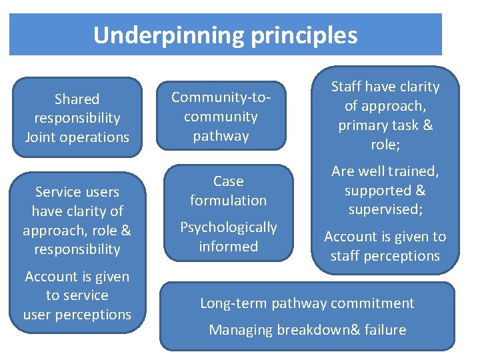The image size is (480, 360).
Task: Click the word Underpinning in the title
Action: (x=169, y=35)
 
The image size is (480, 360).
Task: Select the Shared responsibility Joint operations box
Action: (x=77, y=117)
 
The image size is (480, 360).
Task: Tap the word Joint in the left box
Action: (x=40, y=137)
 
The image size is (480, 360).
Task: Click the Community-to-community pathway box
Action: (x=221, y=116)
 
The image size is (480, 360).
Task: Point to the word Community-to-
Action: (x=221, y=97)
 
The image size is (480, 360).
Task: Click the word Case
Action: (x=228, y=181)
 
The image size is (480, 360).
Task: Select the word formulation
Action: (x=228, y=200)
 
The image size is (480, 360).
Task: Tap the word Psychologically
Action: (x=229, y=227)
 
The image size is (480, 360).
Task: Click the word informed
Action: (x=228, y=247)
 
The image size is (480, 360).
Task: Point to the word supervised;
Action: (x=385, y=209)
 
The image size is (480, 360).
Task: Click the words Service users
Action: (x=77, y=192)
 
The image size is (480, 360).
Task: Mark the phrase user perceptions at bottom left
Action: (x=77, y=315)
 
